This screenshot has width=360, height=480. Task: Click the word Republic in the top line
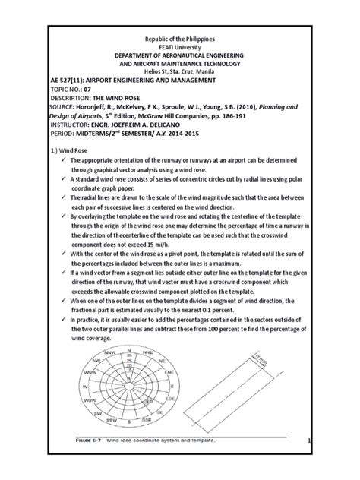point(147,36)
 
